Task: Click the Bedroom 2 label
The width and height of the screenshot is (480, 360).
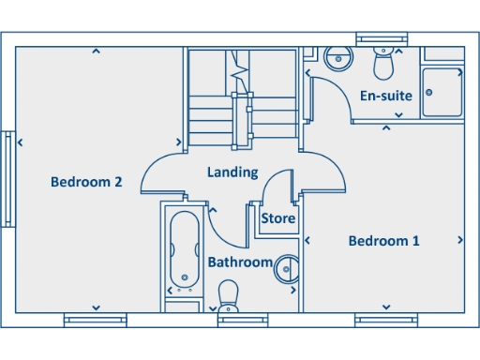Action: coord(86,182)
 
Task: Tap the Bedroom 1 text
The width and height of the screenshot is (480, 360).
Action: coord(383,241)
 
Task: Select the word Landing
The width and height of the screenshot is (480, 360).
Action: coord(232,172)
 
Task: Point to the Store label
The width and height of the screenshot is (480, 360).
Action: coord(277,218)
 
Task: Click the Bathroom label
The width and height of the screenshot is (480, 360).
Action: coord(240,262)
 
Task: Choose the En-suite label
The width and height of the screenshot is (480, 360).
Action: coord(385,96)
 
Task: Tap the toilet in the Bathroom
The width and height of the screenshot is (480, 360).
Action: coord(228,299)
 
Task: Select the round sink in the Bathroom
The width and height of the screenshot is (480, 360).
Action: coord(286,269)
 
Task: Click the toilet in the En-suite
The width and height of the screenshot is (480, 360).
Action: coord(382,64)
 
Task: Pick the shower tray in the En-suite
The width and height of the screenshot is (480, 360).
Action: coord(442,92)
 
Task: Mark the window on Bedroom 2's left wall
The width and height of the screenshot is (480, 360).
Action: coord(8,178)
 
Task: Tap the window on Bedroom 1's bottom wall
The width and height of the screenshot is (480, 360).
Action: coord(385,321)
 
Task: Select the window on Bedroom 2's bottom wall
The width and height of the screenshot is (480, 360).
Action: coord(95,321)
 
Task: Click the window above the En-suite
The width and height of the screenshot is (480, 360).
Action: coord(382,38)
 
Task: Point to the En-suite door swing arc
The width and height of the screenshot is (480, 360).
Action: coord(328,97)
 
